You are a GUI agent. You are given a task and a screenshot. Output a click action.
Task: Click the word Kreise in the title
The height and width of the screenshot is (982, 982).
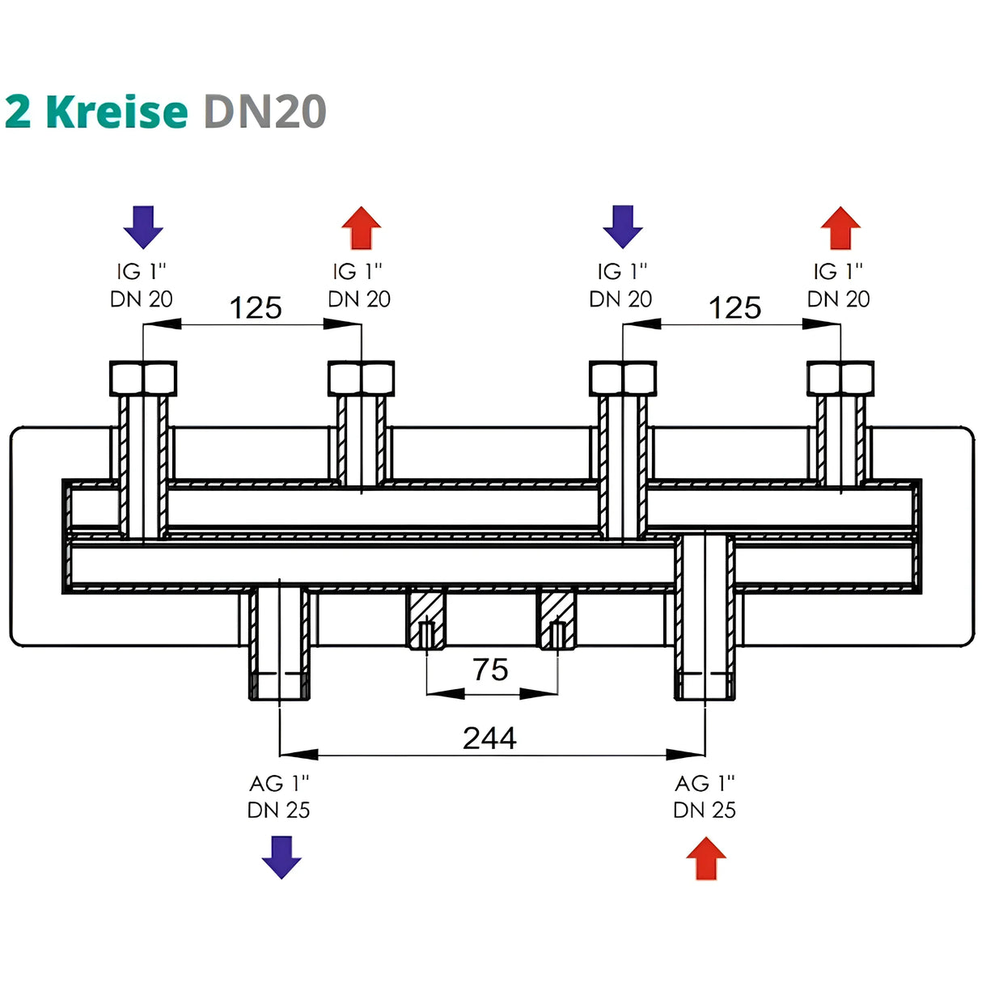point(117,112)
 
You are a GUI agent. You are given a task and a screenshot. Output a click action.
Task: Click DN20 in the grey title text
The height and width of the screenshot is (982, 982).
point(265,112)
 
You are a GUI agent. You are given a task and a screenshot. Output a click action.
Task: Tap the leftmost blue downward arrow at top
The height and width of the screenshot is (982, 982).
point(143,226)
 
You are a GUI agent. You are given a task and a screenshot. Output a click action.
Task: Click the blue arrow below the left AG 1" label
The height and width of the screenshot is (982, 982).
point(281,857)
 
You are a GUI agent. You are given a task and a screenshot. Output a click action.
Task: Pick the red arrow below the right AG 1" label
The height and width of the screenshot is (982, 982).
point(706,858)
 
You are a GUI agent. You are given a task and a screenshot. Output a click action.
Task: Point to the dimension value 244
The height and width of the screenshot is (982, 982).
point(489,738)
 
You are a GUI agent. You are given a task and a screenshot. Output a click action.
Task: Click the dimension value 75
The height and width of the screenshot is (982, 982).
point(490,670)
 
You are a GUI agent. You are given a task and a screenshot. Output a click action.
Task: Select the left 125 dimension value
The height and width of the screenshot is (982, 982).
point(256,308)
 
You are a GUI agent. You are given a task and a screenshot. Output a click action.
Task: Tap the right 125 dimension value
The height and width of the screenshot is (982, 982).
point(734,308)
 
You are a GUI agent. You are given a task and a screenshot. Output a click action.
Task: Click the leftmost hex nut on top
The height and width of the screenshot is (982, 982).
point(143,378)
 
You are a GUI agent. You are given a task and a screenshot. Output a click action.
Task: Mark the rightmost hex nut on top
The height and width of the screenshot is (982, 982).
point(840,378)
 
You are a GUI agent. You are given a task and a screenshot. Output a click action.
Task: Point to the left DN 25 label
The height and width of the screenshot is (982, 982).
point(278,810)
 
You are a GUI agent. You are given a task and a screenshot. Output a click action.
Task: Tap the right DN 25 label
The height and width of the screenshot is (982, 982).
point(705,810)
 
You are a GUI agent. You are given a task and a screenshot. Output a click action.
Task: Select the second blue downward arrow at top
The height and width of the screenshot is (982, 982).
point(623,226)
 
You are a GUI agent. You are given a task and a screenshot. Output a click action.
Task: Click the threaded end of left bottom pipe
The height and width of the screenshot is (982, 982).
point(279,686)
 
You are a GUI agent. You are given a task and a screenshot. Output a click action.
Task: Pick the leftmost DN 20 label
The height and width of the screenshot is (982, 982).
point(142,299)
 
